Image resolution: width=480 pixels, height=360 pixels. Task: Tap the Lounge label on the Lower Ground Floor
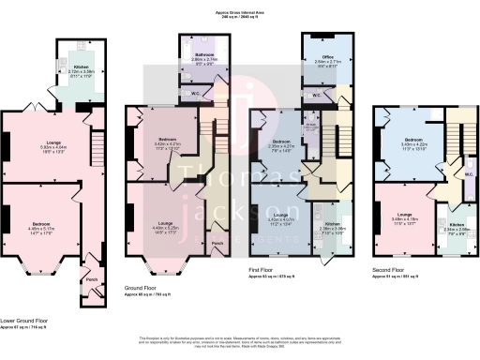pos(52,142)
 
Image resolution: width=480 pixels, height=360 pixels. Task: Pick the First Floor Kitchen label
pos(335,224)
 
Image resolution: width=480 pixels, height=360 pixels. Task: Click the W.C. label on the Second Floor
pos(467,172)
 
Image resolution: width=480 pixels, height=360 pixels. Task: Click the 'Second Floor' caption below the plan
pos(387,271)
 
